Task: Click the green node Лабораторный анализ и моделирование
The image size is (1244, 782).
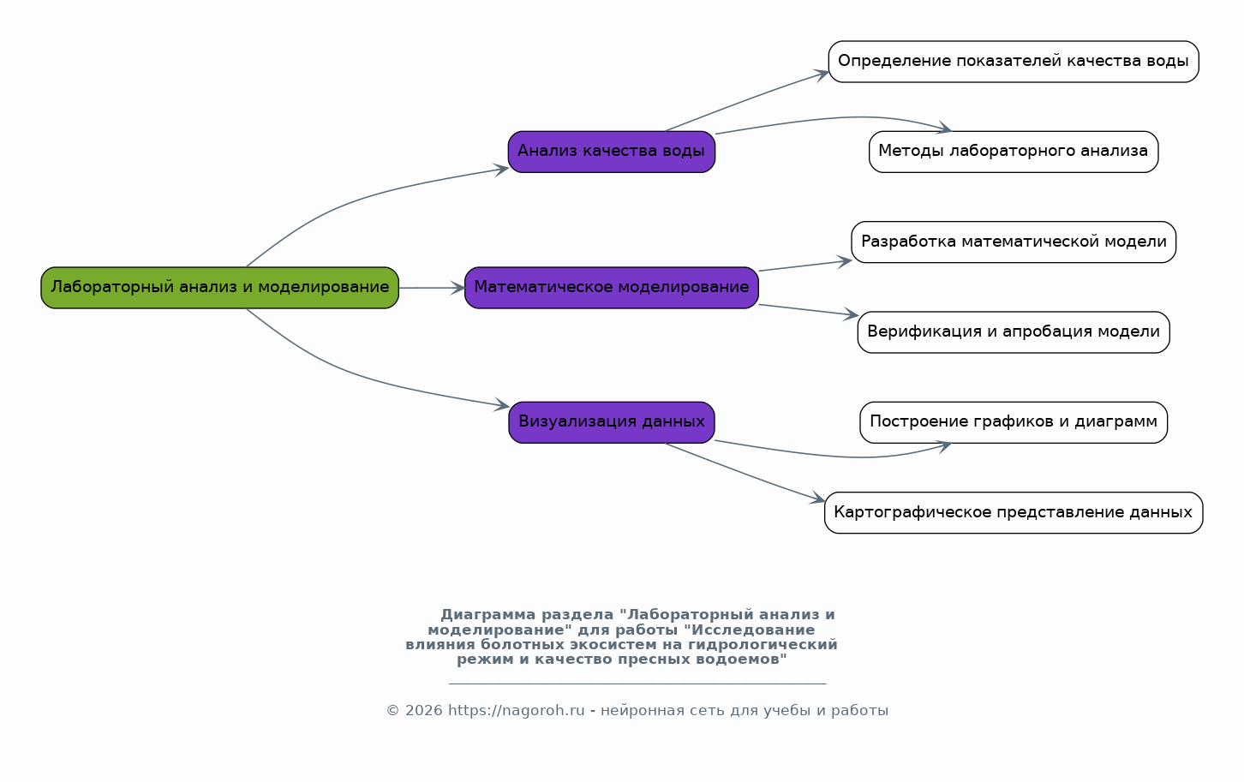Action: (x=220, y=288)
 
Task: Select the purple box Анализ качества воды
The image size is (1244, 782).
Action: (x=612, y=152)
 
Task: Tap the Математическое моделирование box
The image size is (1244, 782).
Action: (x=612, y=288)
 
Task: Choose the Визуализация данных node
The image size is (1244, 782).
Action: (x=612, y=422)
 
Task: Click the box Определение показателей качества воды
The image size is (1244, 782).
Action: (x=1014, y=62)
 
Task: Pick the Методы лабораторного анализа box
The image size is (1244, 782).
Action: (x=1014, y=152)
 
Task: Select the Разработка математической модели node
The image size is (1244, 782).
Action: (x=1014, y=242)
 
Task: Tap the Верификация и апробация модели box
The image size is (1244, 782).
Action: (x=1014, y=332)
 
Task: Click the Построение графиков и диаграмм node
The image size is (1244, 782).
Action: (x=1014, y=422)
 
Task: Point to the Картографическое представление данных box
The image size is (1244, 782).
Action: (x=1014, y=513)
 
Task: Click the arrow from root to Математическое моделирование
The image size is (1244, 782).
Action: (x=432, y=288)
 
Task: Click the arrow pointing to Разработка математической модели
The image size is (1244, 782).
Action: (x=805, y=266)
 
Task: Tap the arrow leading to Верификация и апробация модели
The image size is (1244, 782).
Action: (x=809, y=310)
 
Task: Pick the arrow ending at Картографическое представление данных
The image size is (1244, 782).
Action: (x=745, y=473)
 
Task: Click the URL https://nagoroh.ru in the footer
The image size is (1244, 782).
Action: (x=517, y=710)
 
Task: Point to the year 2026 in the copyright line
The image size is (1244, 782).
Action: (x=424, y=710)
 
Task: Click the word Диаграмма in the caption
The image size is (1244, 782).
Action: (x=488, y=615)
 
